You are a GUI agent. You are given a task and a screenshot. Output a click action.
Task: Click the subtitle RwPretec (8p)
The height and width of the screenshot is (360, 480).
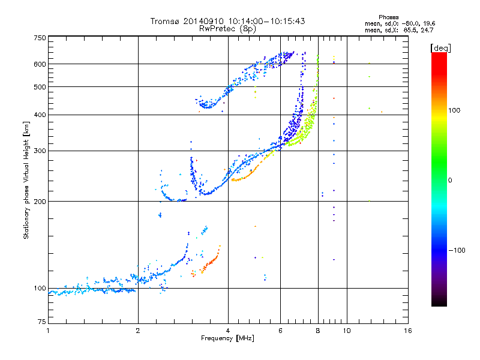pos(227,29)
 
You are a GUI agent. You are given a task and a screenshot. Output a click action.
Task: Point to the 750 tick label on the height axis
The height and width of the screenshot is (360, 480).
pos(40,38)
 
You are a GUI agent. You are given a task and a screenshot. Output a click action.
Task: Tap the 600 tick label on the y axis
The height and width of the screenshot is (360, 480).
pos(40,64)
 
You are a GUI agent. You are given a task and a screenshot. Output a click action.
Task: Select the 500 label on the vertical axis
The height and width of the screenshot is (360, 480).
pos(40,87)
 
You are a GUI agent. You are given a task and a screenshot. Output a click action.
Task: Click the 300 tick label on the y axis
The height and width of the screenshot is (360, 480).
pos(40,151)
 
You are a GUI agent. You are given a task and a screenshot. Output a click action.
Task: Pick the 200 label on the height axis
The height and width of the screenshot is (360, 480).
pos(40,202)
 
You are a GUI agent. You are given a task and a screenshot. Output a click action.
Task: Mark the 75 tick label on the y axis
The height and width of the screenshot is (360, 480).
pos(42,322)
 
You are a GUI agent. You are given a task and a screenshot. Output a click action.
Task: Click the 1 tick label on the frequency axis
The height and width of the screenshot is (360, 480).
pos(48,331)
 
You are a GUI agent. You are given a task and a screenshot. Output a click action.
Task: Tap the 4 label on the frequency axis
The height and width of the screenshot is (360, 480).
pos(228,331)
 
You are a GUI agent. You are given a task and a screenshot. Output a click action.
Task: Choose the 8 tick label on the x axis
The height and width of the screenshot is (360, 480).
pos(318,331)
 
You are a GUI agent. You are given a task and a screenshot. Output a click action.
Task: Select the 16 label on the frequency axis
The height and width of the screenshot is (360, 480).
pos(408,331)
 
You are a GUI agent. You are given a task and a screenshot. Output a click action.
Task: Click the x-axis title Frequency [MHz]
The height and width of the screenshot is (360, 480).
pos(227,338)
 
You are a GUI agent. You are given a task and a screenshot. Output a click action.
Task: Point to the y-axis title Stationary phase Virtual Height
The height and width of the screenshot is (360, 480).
pos(26,181)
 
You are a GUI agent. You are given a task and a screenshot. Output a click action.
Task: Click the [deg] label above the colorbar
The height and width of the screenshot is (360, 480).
pos(440,48)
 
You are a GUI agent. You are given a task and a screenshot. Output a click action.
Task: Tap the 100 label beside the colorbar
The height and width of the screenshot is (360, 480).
pos(454,110)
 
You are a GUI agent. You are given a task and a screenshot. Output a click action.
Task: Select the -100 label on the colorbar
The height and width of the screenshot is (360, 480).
pos(457,250)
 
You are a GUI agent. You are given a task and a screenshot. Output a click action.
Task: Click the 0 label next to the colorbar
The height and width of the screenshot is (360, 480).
pos(450,181)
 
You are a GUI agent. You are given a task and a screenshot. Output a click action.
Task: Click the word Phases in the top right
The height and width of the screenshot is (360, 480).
pos(388,17)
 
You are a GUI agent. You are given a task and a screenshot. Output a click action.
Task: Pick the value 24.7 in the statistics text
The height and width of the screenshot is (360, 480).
pos(427,30)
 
